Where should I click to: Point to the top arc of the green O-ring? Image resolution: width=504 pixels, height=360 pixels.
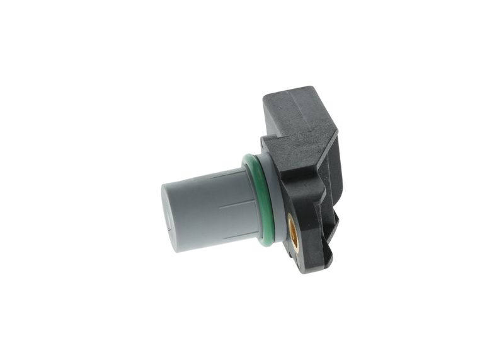click(251, 158)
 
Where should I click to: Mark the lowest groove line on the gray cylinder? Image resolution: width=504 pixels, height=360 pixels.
click(233, 237)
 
